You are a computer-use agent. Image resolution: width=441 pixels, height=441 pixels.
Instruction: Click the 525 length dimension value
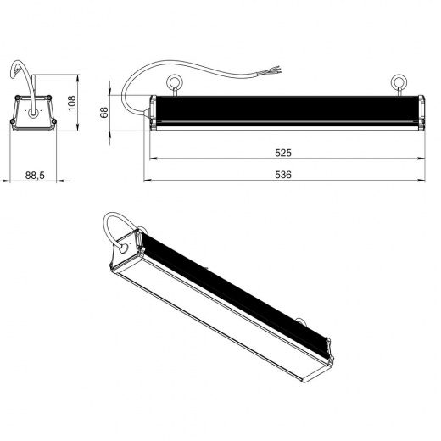[x=283, y=153]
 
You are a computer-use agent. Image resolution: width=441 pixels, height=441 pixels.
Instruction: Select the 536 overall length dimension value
[x=283, y=175]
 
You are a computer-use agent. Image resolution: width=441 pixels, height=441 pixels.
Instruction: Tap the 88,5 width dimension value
[x=35, y=176]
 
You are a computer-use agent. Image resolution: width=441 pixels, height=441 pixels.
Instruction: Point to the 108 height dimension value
[x=72, y=103]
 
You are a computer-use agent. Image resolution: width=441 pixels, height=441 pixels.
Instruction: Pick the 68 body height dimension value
[x=104, y=112]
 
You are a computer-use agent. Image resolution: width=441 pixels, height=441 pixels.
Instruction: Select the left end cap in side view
[x=153, y=113]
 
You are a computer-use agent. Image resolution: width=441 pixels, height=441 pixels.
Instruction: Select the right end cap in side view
[x=421, y=113]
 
